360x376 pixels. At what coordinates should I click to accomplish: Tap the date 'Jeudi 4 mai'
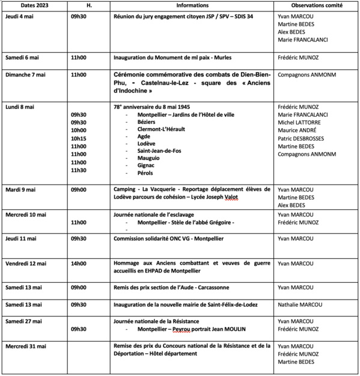click(20, 16)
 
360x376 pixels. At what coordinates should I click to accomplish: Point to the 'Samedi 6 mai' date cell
click(22, 59)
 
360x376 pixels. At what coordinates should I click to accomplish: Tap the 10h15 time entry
click(79, 138)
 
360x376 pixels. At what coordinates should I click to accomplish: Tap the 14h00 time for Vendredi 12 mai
click(79, 264)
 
